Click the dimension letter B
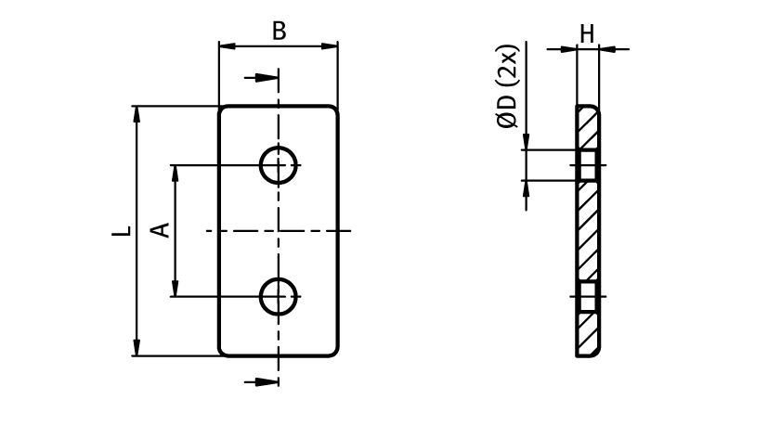279,31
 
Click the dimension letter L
121,230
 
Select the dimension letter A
161,229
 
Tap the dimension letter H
587,34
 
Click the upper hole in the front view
277,166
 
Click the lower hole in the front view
277,297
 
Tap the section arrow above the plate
266,80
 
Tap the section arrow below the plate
266,380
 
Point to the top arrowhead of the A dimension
174,174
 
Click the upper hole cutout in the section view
587,165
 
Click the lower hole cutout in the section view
587,298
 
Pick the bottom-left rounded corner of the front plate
224,351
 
